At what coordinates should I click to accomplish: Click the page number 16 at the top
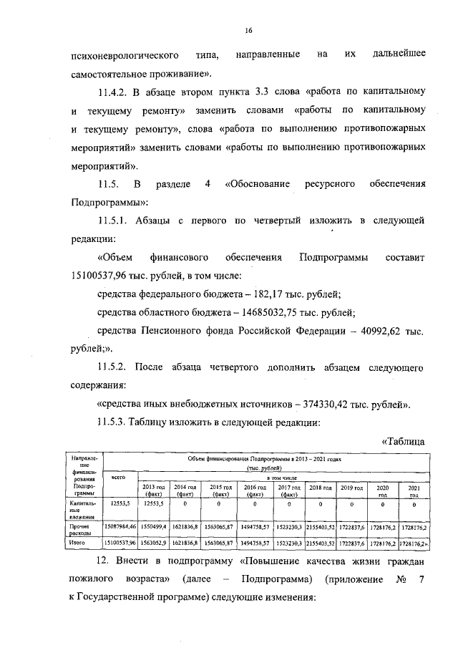pyautogui.click(x=249, y=31)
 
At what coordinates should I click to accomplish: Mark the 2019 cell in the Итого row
pyautogui.click(x=353, y=543)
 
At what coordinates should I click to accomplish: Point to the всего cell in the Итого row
pyautogui.click(x=120, y=543)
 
